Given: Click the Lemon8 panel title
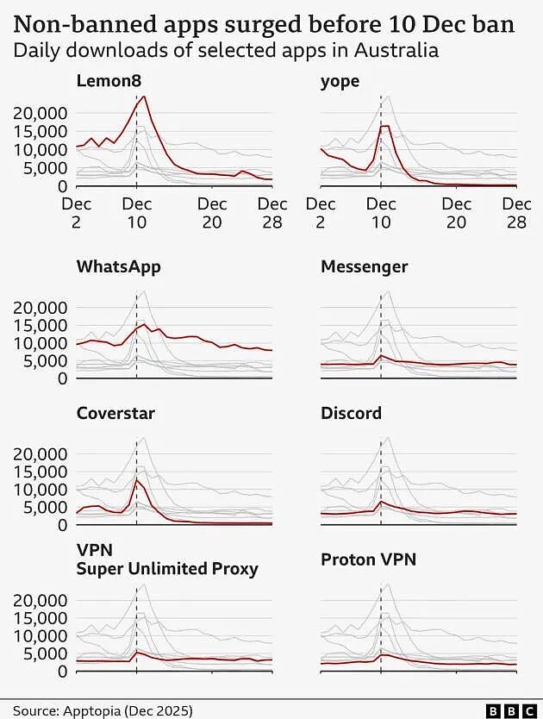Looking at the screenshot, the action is pyautogui.click(x=109, y=81).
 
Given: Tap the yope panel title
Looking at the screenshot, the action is pyautogui.click(x=340, y=82).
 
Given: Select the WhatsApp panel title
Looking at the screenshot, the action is pyautogui.click(x=118, y=266).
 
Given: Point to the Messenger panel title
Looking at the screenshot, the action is pyautogui.click(x=364, y=266).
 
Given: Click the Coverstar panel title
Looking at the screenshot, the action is pyautogui.click(x=115, y=413).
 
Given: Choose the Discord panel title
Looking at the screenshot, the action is pyautogui.click(x=351, y=413).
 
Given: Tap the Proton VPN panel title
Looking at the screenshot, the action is pyautogui.click(x=368, y=560).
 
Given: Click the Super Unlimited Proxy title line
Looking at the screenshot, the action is pyautogui.click(x=167, y=569).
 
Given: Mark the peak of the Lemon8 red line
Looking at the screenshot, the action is pyautogui.click(x=144, y=96).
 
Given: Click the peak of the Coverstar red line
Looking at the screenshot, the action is pyautogui.click(x=137, y=479).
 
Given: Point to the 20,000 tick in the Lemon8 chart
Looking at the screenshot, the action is pyautogui.click(x=40, y=113).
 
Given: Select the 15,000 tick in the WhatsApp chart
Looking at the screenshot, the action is pyautogui.click(x=40, y=325).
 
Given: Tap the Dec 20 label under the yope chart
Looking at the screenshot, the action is pyautogui.click(x=456, y=213).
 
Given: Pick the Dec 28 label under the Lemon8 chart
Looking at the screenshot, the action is pyautogui.click(x=272, y=213).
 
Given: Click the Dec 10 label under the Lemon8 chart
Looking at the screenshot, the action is pyautogui.click(x=137, y=213).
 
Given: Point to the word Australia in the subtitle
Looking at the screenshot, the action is pyautogui.click(x=396, y=50).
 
